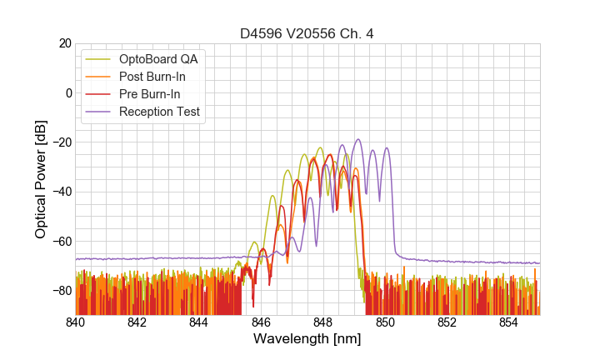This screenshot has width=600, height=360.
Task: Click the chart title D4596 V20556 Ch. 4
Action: pos(307,33)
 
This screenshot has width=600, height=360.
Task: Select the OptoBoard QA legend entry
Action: pos(157,58)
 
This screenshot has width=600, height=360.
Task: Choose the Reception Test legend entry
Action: pos(159,112)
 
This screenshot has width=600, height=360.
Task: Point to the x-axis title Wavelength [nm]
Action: pos(307,339)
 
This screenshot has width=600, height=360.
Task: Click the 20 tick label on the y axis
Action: pos(64,43)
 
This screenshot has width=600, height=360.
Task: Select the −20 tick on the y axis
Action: pos(60,142)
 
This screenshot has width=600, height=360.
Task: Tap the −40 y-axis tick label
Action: pos(60,192)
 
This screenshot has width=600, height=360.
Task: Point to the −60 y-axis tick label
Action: pos(60,242)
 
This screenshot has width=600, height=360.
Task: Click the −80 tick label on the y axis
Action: pos(60,291)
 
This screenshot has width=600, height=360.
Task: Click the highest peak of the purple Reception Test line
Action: pos(358,139)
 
